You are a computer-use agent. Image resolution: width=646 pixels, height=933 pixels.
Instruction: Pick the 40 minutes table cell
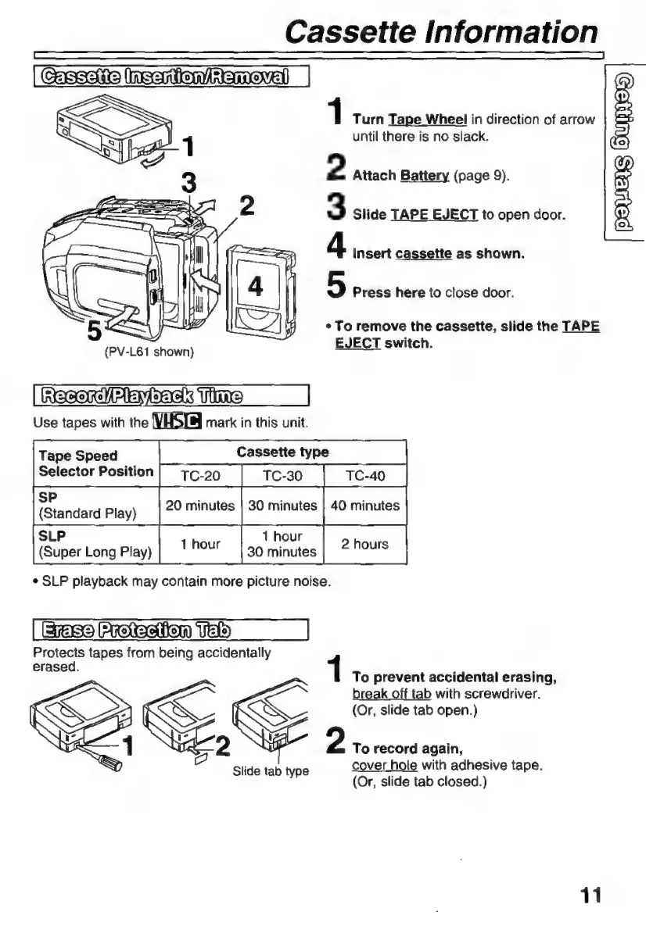click(x=365, y=506)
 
